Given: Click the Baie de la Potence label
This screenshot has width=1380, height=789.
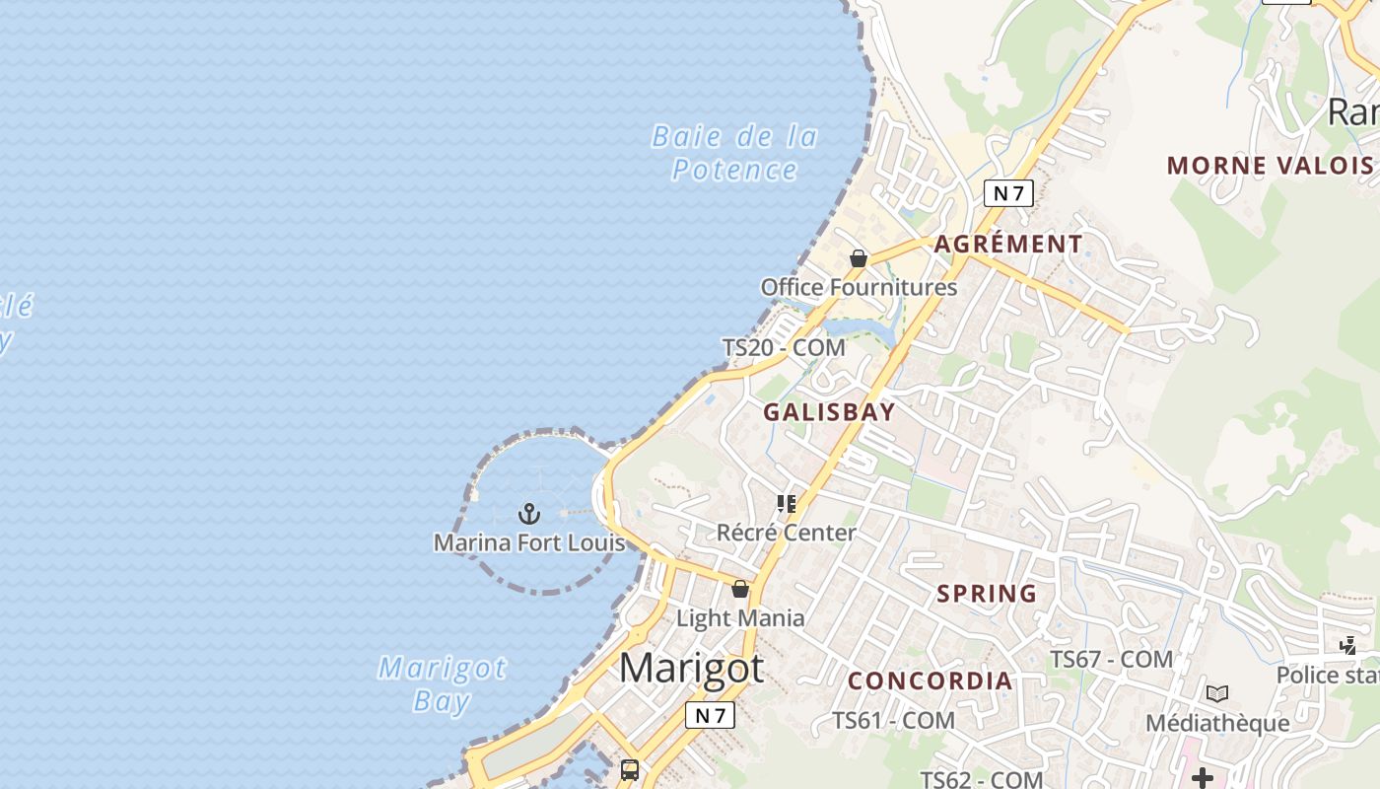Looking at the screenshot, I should (x=734, y=153).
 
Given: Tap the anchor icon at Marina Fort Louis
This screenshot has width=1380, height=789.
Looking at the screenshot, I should (x=529, y=514).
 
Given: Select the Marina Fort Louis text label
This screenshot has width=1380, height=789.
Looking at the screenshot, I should (x=529, y=542).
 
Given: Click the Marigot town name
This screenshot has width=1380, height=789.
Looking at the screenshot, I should (x=691, y=669).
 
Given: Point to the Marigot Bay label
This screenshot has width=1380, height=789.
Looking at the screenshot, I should (x=442, y=684).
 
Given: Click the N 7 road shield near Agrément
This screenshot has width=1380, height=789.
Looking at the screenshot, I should (x=1008, y=193).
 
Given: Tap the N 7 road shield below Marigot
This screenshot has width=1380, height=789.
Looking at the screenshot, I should (x=710, y=715).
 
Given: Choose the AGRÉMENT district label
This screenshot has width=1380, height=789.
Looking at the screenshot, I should (x=1008, y=244).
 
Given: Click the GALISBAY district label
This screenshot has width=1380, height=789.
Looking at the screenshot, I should (x=829, y=412).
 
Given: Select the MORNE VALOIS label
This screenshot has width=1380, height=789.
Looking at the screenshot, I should (x=1270, y=165).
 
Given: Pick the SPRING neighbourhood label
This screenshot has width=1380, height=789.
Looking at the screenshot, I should (x=987, y=594).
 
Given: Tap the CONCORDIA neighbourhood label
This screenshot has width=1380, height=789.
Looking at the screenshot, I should (x=930, y=681).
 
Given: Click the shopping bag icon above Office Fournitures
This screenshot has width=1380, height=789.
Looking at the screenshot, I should (x=859, y=258).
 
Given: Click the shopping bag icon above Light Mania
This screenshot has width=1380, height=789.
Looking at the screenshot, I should (x=740, y=590).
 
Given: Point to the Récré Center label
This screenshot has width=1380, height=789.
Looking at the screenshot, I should (x=786, y=533).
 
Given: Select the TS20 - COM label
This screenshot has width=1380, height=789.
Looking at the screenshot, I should (x=784, y=347).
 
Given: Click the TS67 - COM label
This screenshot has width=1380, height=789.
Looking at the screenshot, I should (x=1111, y=659).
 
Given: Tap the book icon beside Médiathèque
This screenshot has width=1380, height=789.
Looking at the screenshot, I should (x=1217, y=694).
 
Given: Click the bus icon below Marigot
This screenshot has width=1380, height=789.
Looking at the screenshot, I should (x=630, y=770).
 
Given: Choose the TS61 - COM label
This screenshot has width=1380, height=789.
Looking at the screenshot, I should (x=893, y=721).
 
